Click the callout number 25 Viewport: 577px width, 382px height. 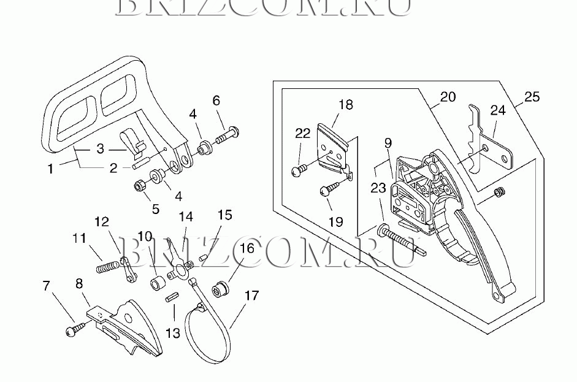click(532, 97)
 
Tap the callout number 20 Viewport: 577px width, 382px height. click(448, 97)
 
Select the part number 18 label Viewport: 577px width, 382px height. click(345, 104)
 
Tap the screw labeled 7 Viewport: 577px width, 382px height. click(70, 330)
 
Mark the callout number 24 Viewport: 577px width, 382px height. click(498, 110)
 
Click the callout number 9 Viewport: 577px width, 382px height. click(388, 143)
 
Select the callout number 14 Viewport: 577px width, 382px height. click(185, 217)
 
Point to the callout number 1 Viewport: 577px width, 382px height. click(51, 168)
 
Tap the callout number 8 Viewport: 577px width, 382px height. click(78, 283)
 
